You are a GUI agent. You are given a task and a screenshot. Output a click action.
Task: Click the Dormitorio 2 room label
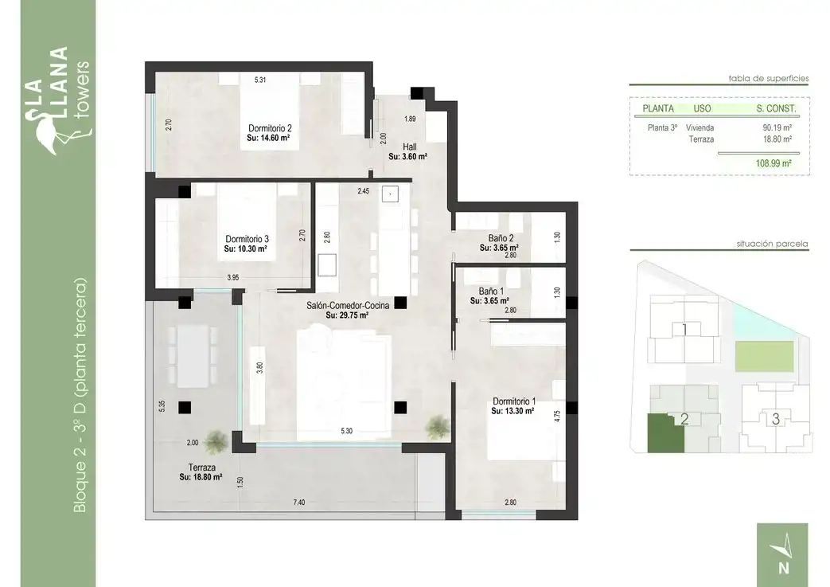pyautogui.click(x=270, y=128)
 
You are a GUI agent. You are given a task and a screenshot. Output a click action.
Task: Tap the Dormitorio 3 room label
pyautogui.click(x=247, y=239)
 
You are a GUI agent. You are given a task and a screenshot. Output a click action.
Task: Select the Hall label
pyautogui.click(x=409, y=147)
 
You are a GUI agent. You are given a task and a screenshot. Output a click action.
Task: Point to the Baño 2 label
pyautogui.click(x=501, y=238)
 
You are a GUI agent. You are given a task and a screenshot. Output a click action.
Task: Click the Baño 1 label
pyautogui.click(x=491, y=292)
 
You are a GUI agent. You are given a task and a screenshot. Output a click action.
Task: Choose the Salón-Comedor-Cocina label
pyautogui.click(x=348, y=305)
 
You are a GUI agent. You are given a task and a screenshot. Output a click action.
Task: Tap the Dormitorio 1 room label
pyautogui.click(x=514, y=401)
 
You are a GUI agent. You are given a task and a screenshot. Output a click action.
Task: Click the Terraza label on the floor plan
pyautogui.click(x=201, y=468)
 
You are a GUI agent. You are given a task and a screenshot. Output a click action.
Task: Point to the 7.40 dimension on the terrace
pyautogui.click(x=299, y=503)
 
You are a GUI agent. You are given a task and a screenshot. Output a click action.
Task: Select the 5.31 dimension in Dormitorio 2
pyautogui.click(x=260, y=80)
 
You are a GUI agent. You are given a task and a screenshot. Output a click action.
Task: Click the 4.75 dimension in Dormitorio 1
pyautogui.click(x=557, y=417)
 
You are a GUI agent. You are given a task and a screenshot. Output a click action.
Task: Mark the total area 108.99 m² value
pyautogui.click(x=773, y=164)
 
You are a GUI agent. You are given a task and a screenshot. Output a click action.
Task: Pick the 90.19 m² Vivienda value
pyautogui.click(x=777, y=127)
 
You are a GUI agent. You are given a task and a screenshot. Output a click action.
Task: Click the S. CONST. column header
pyautogui.click(x=776, y=108)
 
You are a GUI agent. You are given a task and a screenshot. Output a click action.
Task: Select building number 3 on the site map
pyautogui.click(x=775, y=419)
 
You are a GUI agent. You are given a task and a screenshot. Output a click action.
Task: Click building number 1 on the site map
pyautogui.click(x=684, y=330)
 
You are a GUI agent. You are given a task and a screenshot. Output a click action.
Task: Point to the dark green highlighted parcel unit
pyautogui.click(x=664, y=434)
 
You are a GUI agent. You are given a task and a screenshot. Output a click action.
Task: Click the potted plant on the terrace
pyautogui.click(x=216, y=441)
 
